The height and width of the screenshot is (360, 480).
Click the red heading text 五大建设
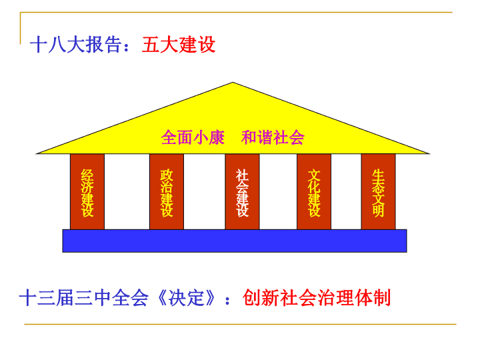[179, 45]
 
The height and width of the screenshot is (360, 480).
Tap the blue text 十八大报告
[75, 45]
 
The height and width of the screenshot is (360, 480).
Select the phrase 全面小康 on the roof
[193, 137]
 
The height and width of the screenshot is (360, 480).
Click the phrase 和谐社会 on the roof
[273, 137]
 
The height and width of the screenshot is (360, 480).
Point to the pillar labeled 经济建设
[87, 191]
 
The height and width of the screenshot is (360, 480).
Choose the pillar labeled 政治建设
[167, 191]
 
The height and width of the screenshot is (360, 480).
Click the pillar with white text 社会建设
[242, 191]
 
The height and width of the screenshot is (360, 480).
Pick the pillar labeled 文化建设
[314, 191]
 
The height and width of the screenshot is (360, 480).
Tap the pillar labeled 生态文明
[379, 191]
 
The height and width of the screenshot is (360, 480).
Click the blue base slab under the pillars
[235, 241]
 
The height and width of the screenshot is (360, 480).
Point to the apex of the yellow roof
[233, 83]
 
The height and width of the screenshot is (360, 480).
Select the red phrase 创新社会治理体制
[317, 298]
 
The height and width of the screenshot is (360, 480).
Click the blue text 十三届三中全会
[83, 298]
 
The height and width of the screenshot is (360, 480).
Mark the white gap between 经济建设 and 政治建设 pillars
[127, 191]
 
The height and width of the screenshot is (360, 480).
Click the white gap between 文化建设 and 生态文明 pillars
[346, 191]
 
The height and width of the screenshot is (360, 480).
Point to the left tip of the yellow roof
[37, 153]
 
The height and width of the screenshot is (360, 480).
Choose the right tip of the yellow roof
[429, 153]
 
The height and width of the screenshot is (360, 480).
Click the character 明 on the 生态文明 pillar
[379, 211]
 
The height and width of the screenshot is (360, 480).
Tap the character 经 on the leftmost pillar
[87, 175]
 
